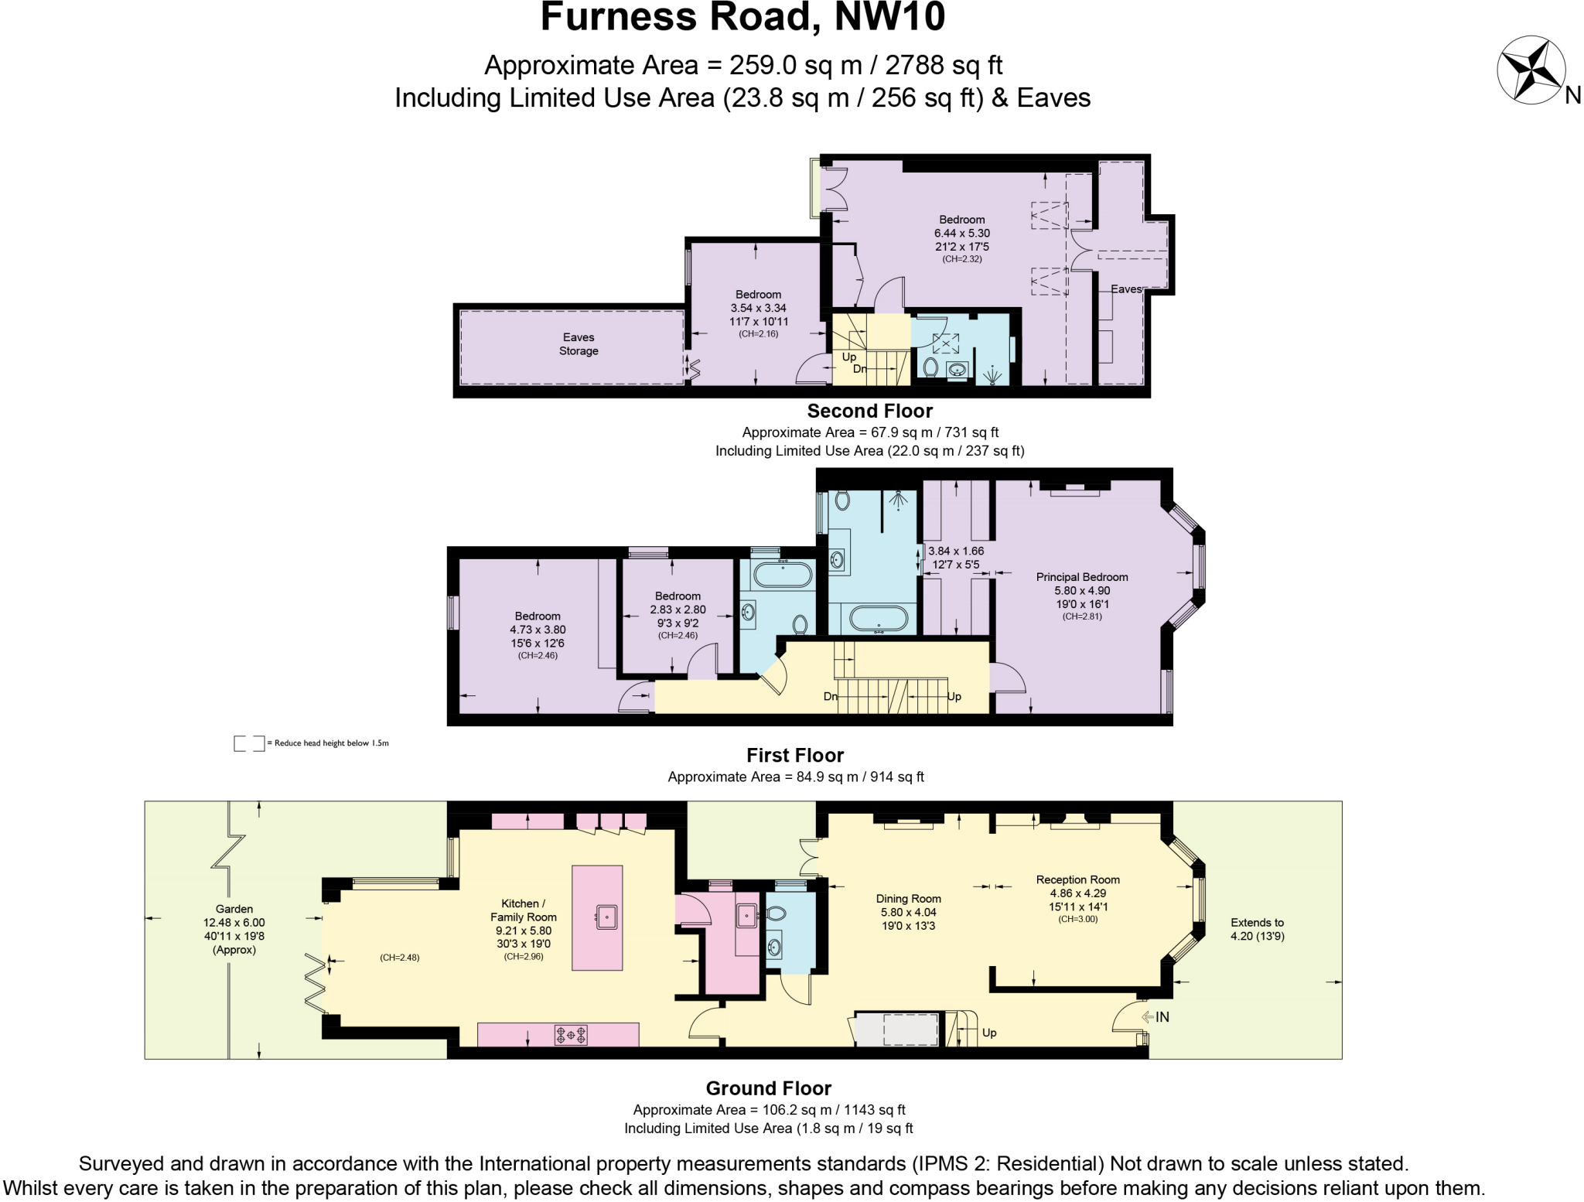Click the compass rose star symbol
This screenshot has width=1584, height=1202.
click(x=1531, y=70)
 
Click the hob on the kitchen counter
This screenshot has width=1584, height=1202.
click(x=571, y=1034)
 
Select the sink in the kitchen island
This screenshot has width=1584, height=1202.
click(x=607, y=917)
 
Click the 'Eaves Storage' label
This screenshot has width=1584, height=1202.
click(x=579, y=344)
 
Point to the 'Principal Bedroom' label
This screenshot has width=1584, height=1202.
click(x=1081, y=577)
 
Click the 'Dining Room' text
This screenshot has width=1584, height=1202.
click(x=908, y=899)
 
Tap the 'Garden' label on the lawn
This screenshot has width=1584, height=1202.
click(x=234, y=909)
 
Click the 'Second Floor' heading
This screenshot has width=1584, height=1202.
click(x=869, y=411)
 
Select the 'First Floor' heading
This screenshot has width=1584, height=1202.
click(x=794, y=756)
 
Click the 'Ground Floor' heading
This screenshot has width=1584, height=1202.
click(x=768, y=1088)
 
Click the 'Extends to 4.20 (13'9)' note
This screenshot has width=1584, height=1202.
click(x=1257, y=929)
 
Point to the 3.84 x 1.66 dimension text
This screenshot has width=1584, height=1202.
click(x=956, y=551)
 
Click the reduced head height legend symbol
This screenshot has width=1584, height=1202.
click(x=249, y=743)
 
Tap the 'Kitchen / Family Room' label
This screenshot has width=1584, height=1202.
click(x=523, y=910)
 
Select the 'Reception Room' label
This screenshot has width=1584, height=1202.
click(x=1077, y=879)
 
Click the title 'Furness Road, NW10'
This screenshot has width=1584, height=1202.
click(x=742, y=17)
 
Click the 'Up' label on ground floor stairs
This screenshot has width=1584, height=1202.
click(x=988, y=1033)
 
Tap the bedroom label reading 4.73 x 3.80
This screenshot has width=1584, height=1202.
click(x=538, y=630)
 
